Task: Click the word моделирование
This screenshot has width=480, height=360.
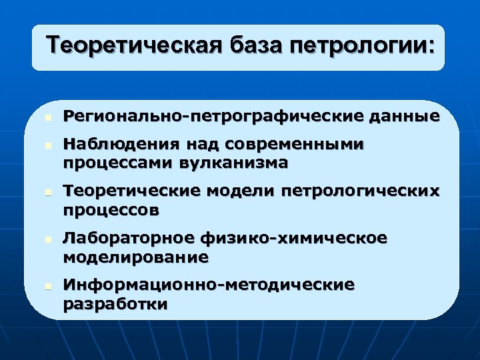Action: tap(135, 257)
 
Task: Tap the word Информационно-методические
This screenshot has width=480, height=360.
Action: tap(209, 285)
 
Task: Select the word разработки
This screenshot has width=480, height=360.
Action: tap(115, 304)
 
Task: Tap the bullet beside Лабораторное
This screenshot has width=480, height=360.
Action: tap(40, 238)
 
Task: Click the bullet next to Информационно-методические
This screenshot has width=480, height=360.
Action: tap(40, 285)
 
